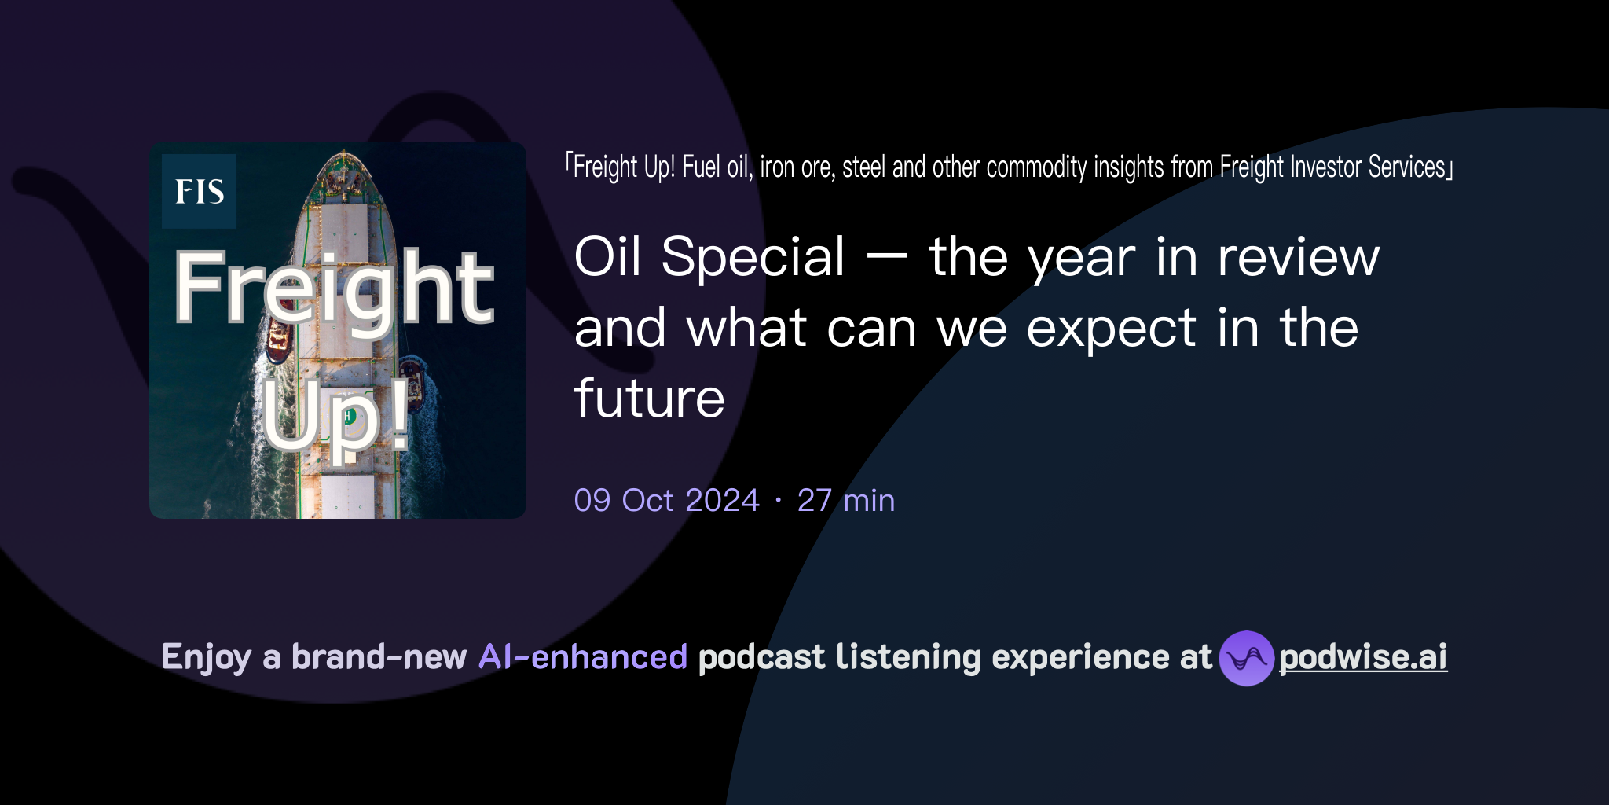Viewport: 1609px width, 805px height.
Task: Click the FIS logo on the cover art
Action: pyautogui.click(x=199, y=191)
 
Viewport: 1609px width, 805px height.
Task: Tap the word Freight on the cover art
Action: pyautogui.click(x=334, y=288)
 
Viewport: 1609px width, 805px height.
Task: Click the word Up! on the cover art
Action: pyautogui.click(x=335, y=414)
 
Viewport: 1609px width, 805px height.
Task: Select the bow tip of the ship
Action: pyautogui.click(x=344, y=153)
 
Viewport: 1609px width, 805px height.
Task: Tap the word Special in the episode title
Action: pyautogui.click(x=753, y=257)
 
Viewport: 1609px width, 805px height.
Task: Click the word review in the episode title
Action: pyautogui.click(x=1298, y=257)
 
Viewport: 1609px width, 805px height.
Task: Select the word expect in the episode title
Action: pyautogui.click(x=1111, y=329)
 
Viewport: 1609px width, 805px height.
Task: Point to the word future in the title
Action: pyautogui.click(x=649, y=399)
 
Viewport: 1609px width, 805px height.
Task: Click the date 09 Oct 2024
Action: pyautogui.click(x=666, y=501)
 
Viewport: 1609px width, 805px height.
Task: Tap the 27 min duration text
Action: pyautogui.click(x=846, y=501)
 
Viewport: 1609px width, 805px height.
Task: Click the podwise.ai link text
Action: pyautogui.click(x=1363, y=657)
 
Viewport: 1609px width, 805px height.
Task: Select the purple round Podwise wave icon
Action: pyautogui.click(x=1246, y=658)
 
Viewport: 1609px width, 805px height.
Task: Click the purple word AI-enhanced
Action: pyautogui.click(x=583, y=657)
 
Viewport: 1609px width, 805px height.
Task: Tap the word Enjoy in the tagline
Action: pyautogui.click(x=206, y=657)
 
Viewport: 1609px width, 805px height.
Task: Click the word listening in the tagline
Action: pyautogui.click(x=908, y=657)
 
